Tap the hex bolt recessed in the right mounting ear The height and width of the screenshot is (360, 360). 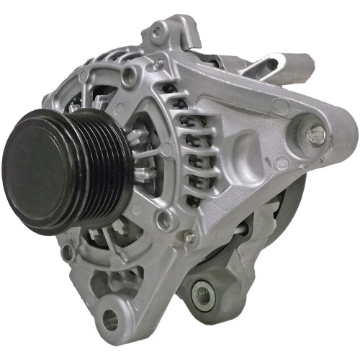(x=315, y=132)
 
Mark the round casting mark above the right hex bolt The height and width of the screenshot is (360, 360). (x=282, y=106)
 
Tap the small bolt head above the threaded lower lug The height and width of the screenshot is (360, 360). (x=189, y=237)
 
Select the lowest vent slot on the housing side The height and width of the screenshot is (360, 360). (x=194, y=198)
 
